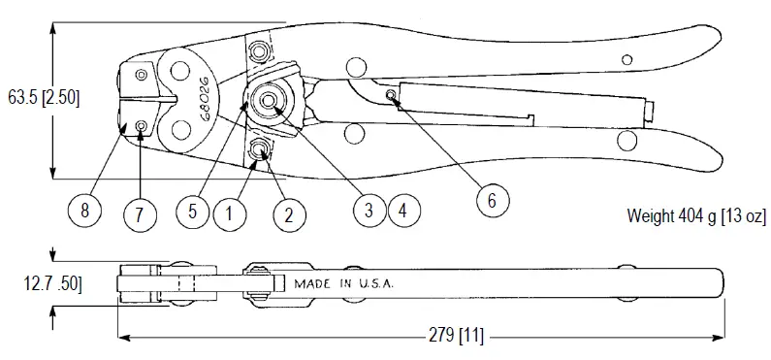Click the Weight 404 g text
tap(698, 213)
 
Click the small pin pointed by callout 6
tap(389, 94)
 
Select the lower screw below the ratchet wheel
tap(260, 148)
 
